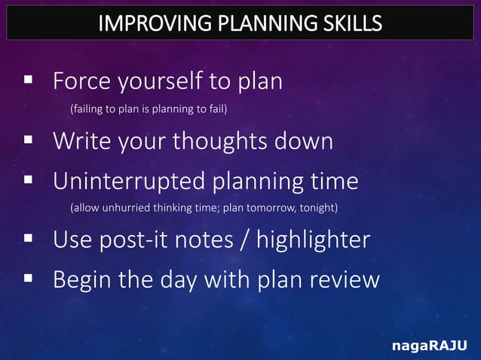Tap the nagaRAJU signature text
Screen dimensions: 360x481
pos(429,346)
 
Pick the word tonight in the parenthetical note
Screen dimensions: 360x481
pos(315,207)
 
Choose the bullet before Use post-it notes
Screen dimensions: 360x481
pos(28,239)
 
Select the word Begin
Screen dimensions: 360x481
pos(81,280)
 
